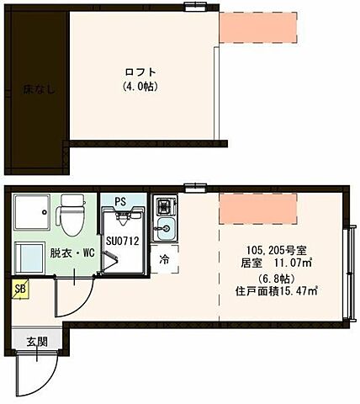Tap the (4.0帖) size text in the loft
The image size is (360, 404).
[x=139, y=86]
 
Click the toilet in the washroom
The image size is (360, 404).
[x=70, y=215]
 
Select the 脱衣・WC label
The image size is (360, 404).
[x=70, y=252]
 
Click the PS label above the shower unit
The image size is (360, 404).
[x=120, y=202]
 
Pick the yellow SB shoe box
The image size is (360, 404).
[x=19, y=288]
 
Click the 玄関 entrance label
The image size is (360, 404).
[x=36, y=341]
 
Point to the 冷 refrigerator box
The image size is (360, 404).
[x=165, y=260]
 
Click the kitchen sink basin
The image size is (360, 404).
[x=165, y=229]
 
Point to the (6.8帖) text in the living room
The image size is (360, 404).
[x=271, y=278]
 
